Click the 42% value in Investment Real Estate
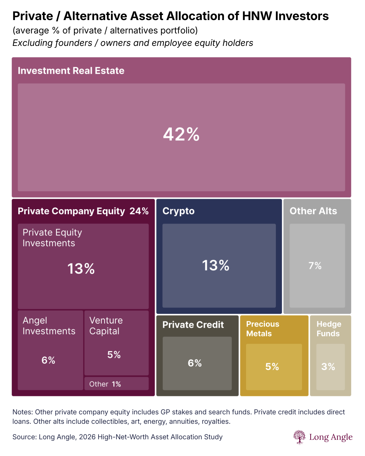click(x=181, y=134)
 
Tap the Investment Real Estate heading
click(x=71, y=71)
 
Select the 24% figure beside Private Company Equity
click(x=139, y=211)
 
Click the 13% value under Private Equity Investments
click(x=81, y=269)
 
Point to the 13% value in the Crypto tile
click(x=216, y=265)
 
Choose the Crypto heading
click(x=178, y=211)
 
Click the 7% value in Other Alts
click(x=315, y=266)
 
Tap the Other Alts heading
click(x=313, y=211)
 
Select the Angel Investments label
click(x=49, y=326)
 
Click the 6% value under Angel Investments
click(x=48, y=360)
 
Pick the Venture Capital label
click(x=106, y=326)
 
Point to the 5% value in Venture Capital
click(x=114, y=355)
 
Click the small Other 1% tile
click(x=105, y=384)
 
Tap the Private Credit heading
click(x=193, y=325)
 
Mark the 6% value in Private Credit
click(x=195, y=363)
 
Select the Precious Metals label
click(x=262, y=329)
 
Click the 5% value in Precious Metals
click(x=272, y=367)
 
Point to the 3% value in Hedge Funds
click(x=328, y=367)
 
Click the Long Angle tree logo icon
click(x=299, y=437)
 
